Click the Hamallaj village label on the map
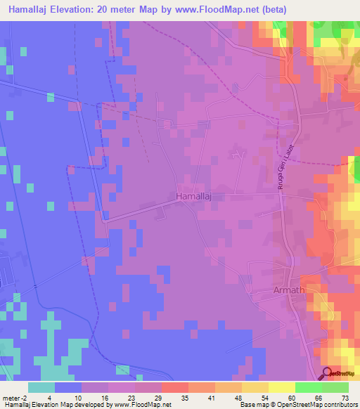[x=195, y=196]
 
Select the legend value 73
[x=344, y=397]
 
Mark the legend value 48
[x=239, y=397]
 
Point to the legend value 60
[x=291, y=397]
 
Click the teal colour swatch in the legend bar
[x=41, y=387]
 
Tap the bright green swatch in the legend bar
[x=309, y=387]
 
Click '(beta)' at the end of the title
[x=300, y=9]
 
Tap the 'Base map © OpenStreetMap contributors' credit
[x=299, y=405]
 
